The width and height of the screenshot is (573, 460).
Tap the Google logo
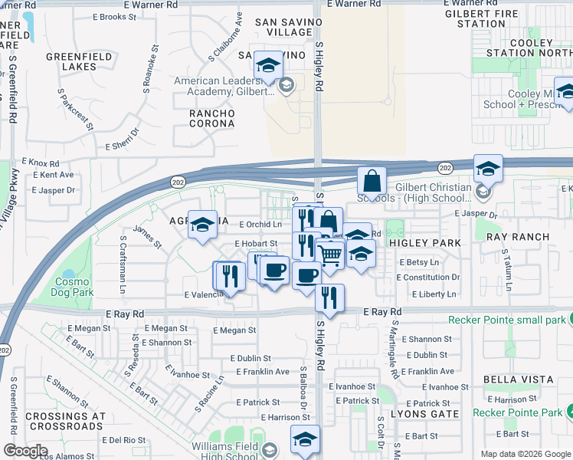[25, 451]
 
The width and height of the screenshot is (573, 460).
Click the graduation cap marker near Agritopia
[202, 225]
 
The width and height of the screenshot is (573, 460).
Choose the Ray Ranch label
[518, 237]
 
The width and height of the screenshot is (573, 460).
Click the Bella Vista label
[518, 379]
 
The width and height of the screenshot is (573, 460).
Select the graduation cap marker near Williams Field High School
[304, 439]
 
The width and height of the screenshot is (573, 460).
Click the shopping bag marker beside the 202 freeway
[372, 182]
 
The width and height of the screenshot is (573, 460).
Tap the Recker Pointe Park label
[517, 412]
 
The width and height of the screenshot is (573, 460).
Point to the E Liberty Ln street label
[434, 294]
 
